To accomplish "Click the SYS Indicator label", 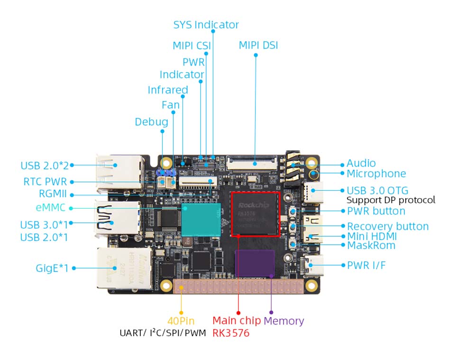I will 206,25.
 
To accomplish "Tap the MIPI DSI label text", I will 258,46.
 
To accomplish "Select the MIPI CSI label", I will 191,46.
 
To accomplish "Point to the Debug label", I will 151,122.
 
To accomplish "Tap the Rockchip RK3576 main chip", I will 255,214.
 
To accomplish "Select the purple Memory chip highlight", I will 255,263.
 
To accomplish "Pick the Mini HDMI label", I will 372,236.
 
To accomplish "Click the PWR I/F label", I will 366,265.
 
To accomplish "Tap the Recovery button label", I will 388,226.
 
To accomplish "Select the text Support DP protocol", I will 391,200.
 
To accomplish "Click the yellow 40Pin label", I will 181,321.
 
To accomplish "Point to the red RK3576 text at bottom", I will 231,333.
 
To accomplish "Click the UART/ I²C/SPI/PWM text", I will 163,333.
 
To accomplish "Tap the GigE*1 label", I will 52,268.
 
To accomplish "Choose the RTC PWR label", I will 45,182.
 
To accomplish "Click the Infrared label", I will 168,90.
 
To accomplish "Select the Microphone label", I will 376,174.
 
